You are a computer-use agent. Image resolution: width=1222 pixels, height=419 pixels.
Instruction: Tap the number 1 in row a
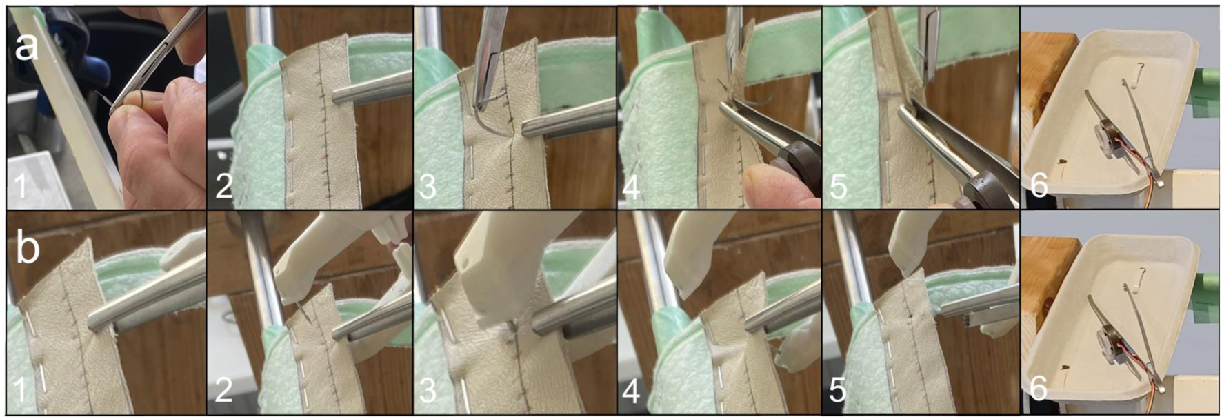coord(21,187)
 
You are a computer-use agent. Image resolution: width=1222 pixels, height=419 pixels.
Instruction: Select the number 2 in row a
coord(223,187)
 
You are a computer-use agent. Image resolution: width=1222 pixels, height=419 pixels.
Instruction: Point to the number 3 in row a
coord(428,187)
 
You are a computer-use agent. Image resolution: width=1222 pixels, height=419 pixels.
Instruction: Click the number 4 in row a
coord(631,187)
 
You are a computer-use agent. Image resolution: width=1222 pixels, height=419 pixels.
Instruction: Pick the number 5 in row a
coord(838,187)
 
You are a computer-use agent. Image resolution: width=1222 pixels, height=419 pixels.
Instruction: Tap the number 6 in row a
coord(1039,185)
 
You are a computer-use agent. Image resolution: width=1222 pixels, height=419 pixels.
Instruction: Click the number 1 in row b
coord(21,390)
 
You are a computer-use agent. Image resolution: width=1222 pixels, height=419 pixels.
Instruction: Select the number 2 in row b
coord(223,390)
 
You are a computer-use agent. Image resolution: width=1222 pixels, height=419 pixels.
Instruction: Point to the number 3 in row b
coord(428,390)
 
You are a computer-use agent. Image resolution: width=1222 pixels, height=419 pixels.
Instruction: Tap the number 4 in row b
coord(631,390)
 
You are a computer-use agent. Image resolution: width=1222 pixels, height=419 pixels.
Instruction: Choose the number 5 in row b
coord(838,390)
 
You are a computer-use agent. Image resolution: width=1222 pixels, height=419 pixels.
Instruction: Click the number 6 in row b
coord(1039,389)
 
